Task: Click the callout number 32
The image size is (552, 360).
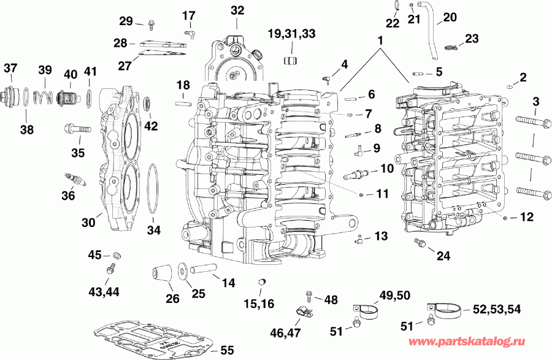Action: coord(237,10)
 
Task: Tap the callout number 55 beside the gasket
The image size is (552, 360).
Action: coord(226,351)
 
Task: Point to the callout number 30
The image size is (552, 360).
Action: coord(88,223)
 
